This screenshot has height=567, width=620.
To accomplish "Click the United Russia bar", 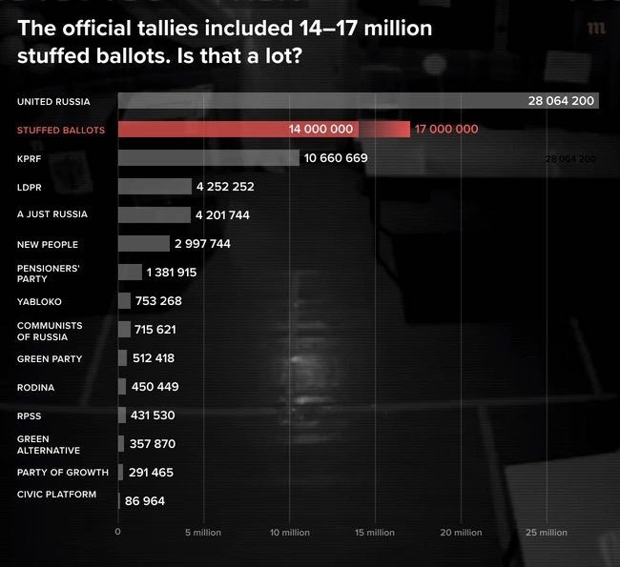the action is point(359,101).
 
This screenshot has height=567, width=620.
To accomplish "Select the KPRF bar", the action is point(209,157).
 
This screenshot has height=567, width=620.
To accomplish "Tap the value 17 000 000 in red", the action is point(446,130).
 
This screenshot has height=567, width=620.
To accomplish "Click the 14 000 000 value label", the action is point(320,130).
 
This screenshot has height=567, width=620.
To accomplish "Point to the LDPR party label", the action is point(30,188).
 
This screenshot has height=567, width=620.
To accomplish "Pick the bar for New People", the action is point(144,243).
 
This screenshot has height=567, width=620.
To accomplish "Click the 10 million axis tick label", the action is point(290,533).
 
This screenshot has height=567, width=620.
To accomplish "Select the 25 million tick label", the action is point(547,533).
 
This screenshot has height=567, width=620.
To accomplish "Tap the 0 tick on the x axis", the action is point(118,532).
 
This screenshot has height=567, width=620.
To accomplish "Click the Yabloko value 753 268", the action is point(158,301).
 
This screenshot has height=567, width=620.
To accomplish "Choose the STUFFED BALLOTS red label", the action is point(61,130).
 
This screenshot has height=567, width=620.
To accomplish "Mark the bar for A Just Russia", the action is point(155,215).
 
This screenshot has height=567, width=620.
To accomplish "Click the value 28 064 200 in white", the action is point(561,101).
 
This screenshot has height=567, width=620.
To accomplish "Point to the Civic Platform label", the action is point(56,495).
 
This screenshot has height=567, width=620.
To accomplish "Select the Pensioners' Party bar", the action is point(130,273).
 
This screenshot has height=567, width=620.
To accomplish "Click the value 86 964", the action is point(145,501).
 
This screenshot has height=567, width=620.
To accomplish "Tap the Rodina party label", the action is point(35,387).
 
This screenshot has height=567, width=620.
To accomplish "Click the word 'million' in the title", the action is point(398,28).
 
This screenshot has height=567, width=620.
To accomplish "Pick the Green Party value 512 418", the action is point(154,358).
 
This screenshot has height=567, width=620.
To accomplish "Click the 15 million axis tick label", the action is point(375,533).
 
